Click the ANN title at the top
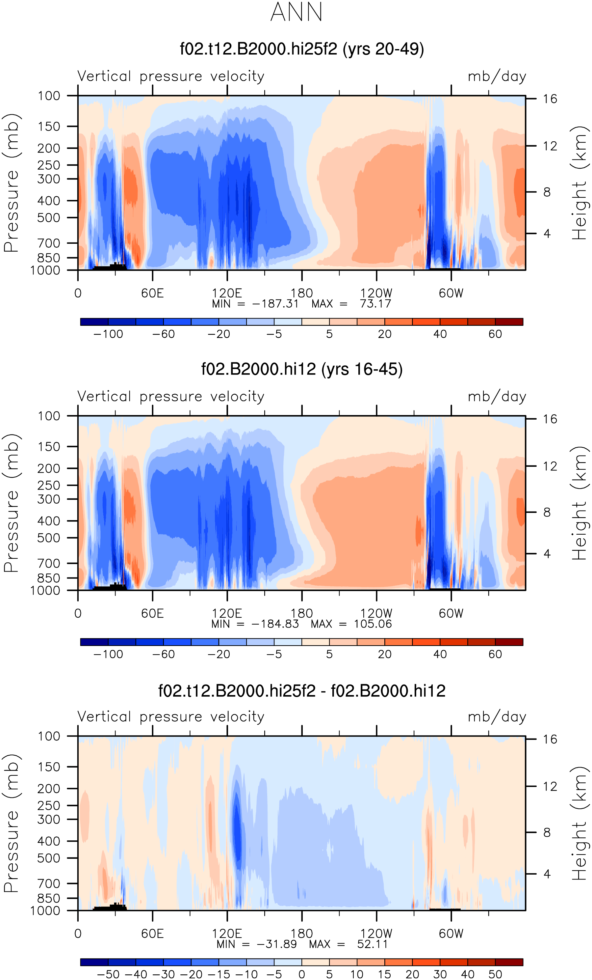[296, 12]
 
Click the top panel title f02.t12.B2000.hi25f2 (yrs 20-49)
[302, 49]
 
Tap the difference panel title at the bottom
[302, 691]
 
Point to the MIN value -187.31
[275, 304]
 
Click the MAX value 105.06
[373, 624]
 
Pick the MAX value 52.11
[372, 944]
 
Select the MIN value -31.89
[277, 944]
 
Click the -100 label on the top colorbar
[108, 334]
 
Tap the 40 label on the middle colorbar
[440, 654]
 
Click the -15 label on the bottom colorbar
[219, 974]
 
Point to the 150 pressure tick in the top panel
[49, 126]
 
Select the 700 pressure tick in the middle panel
[49, 564]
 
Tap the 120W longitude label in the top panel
[376, 293]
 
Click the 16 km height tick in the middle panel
[550, 419]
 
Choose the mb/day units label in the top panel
[497, 76]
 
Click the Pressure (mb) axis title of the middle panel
[11, 503]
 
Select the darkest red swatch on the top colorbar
[509, 322]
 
